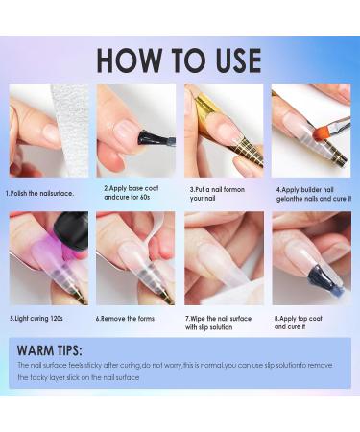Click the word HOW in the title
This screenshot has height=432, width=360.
pos(130,60)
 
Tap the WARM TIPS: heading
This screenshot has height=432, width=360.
pos(50,350)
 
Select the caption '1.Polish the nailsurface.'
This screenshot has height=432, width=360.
pos(39,193)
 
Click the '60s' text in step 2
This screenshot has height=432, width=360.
pos(145,197)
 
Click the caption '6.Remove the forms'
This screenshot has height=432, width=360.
pos(125,319)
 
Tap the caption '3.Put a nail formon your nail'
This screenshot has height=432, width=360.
pos(217,194)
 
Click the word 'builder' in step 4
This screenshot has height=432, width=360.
pos(311,190)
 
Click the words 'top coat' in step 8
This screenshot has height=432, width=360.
pos(310,319)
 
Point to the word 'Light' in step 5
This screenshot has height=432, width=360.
pos(22,319)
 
